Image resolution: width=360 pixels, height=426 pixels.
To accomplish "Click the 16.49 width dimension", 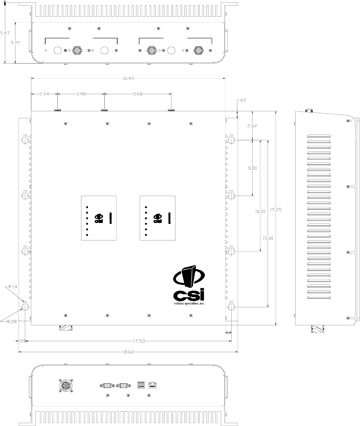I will (x=127, y=78).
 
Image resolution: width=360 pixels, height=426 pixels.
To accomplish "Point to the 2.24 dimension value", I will (x=44, y=94).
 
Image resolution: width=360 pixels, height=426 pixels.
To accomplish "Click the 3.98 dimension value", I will (x=81, y=94).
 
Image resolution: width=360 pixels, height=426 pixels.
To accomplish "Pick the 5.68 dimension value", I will (x=138, y=94).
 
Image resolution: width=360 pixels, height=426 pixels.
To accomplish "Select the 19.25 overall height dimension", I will (x=276, y=210).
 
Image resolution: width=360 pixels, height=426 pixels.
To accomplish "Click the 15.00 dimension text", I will (x=268, y=238).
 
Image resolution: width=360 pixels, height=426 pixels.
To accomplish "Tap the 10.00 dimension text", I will (x=260, y=211).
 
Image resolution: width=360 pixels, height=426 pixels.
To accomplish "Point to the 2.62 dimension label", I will (x=252, y=126).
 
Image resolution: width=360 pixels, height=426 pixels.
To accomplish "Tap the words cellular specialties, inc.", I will (x=189, y=304).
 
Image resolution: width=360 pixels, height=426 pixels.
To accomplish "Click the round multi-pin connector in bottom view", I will (x=66, y=386).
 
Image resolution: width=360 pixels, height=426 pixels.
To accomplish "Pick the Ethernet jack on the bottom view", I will (x=153, y=384).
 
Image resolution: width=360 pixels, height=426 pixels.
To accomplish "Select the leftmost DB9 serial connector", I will (x=106, y=384).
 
